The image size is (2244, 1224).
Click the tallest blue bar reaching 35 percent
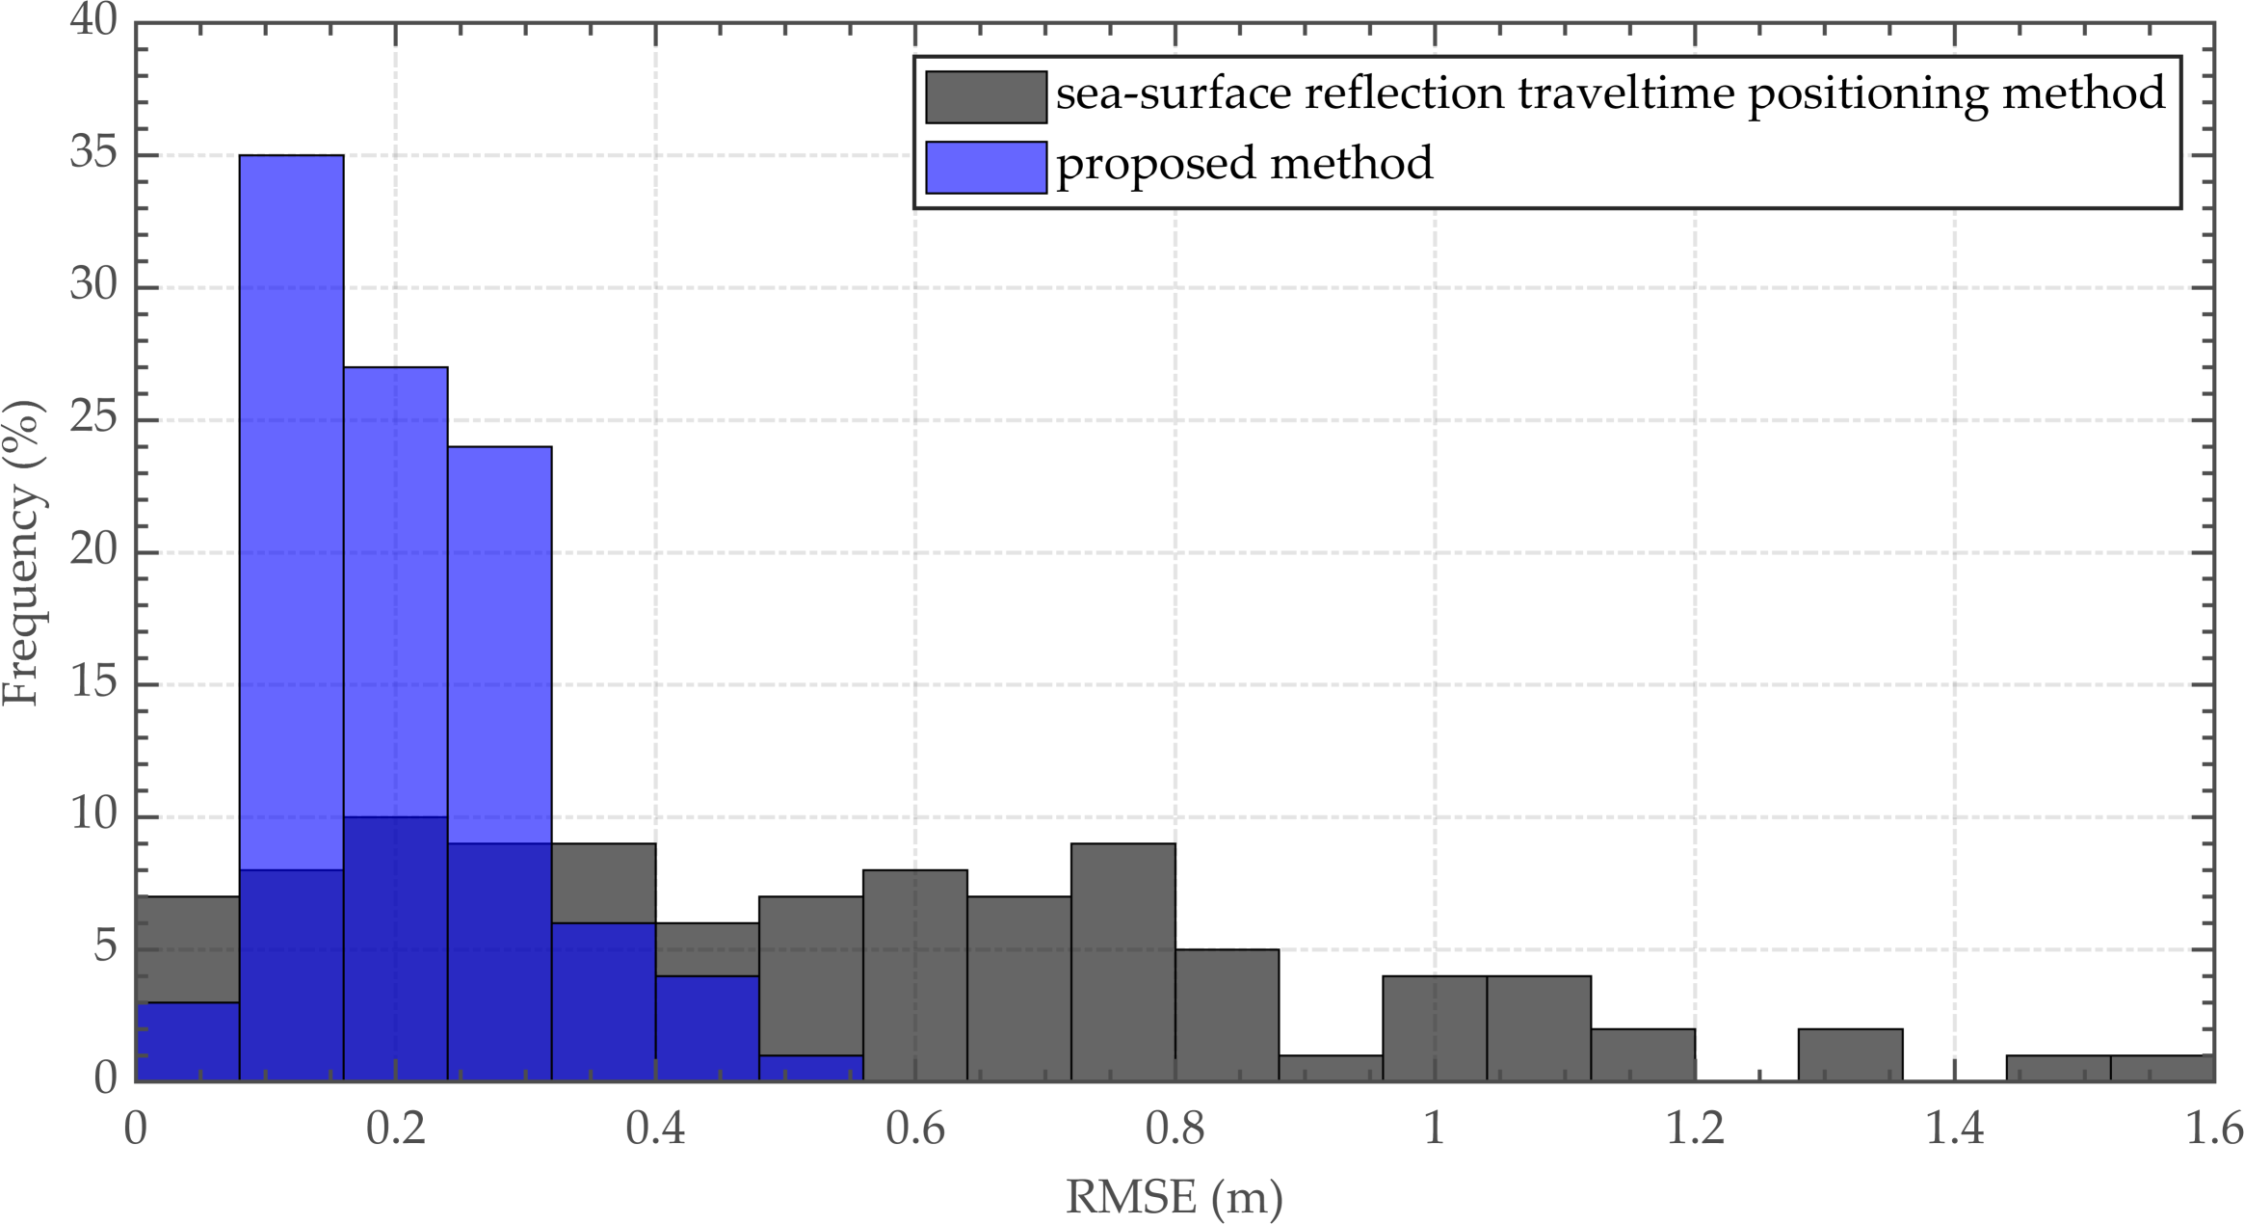pos(291,482)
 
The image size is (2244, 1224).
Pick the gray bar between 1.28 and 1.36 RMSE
pos(1850,1054)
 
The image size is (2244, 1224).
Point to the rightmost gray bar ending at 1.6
pos(2162,1068)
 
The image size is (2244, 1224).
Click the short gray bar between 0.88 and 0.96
pos(1331,1068)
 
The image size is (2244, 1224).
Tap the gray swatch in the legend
pos(986,97)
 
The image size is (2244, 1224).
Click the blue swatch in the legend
pos(986,168)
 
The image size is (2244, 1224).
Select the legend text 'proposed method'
pos(1244,163)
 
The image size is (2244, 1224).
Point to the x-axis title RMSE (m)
pos(1174,1197)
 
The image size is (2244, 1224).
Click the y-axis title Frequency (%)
pos(21,552)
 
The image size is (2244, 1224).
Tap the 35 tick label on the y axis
pos(92,153)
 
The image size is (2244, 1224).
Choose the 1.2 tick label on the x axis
pos(1695,1129)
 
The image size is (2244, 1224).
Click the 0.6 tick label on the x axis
pos(914,1129)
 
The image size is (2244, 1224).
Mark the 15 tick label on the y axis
pos(92,683)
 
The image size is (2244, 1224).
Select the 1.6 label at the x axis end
pos(2212,1129)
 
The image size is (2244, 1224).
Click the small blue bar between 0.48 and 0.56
pos(810,1068)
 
